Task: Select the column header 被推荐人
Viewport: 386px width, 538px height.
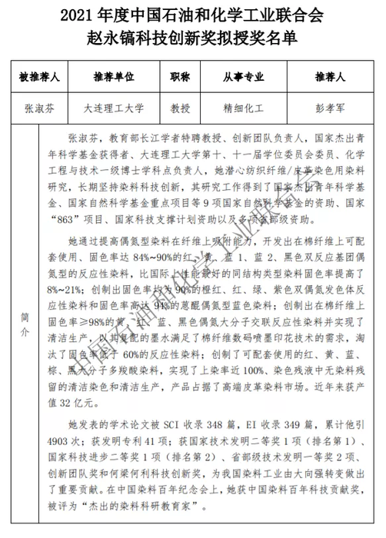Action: (42, 78)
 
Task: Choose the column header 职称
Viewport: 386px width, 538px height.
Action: (181, 78)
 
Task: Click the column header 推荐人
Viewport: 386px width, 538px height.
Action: (328, 78)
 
